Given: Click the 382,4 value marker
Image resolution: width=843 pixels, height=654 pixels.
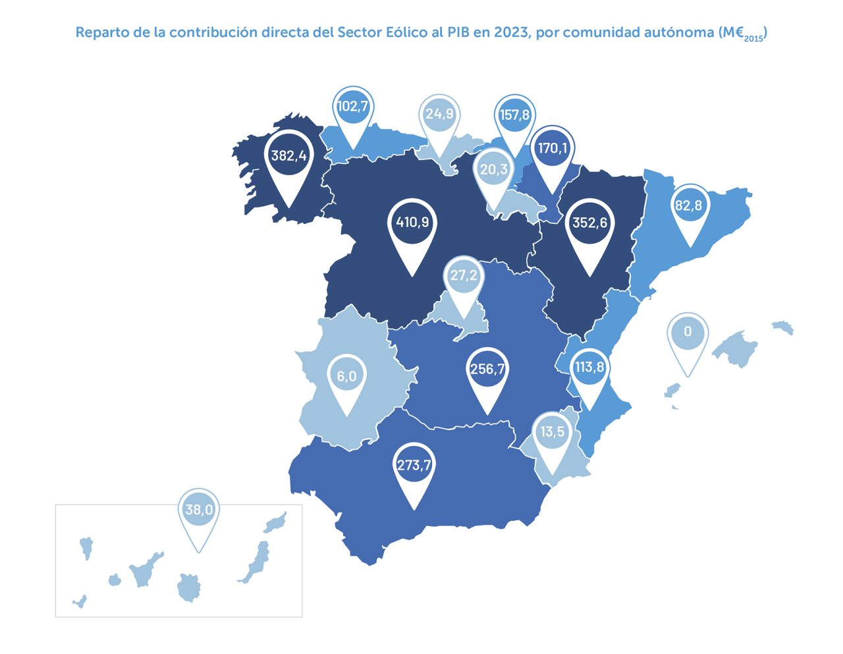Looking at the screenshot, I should (x=288, y=156).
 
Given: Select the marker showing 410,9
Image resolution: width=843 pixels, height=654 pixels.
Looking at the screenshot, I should (x=412, y=222).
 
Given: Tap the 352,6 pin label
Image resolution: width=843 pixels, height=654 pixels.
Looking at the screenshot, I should (x=589, y=223).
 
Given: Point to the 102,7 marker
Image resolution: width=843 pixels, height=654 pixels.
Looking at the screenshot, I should (x=352, y=107).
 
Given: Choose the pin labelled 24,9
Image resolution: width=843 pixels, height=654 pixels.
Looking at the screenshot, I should (x=439, y=115).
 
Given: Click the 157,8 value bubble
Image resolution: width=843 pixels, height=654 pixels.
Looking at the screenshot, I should (x=514, y=115).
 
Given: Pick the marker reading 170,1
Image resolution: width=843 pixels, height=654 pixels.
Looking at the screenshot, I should (x=552, y=148).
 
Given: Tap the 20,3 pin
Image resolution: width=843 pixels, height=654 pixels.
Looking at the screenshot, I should (x=493, y=170).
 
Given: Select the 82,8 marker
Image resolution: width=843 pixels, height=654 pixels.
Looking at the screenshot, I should (x=688, y=205).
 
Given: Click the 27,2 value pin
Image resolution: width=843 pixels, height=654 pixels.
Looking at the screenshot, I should (x=464, y=275).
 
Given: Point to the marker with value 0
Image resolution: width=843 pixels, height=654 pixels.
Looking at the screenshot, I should (x=688, y=331).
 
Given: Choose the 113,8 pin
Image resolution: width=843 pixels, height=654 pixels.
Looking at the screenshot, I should (x=589, y=367).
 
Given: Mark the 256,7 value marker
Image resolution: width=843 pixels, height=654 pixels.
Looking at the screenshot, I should (x=487, y=369).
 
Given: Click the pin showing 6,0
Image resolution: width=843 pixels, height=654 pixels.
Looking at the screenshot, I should (x=346, y=376).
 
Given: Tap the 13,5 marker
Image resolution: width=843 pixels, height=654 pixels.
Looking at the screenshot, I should (x=552, y=431).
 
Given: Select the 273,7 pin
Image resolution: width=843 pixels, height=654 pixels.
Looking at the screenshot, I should (x=414, y=465).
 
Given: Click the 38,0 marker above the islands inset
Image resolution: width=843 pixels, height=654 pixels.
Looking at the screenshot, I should (x=198, y=510).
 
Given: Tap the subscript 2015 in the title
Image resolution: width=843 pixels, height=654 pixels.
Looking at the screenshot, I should (x=753, y=39).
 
